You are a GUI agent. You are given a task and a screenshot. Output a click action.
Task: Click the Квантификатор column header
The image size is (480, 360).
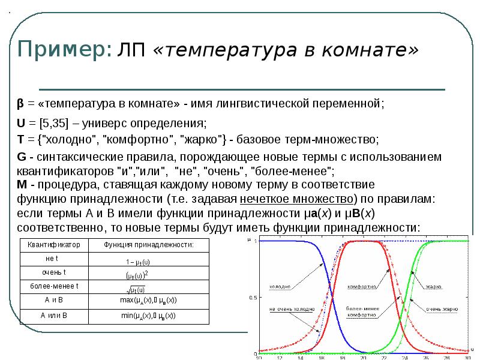click(x=55, y=245)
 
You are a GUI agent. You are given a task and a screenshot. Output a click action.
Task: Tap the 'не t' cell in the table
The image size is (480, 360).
click(x=55, y=259)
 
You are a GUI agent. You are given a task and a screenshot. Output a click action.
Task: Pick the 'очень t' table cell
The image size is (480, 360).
click(x=55, y=272)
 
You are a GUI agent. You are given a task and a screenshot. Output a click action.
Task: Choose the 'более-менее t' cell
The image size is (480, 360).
click(x=55, y=286)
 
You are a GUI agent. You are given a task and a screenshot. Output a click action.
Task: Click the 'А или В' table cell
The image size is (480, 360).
click(x=55, y=315)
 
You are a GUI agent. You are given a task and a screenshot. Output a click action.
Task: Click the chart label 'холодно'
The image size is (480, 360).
click(x=280, y=286)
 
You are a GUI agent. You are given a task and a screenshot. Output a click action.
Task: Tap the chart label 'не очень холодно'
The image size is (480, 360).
click(x=292, y=310)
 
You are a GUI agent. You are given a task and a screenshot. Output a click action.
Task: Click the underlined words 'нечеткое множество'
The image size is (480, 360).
click(x=297, y=198)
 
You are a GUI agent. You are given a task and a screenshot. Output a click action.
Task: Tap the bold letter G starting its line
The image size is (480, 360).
click(x=20, y=157)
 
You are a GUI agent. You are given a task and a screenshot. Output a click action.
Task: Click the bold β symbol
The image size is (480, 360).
click(x=20, y=103)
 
